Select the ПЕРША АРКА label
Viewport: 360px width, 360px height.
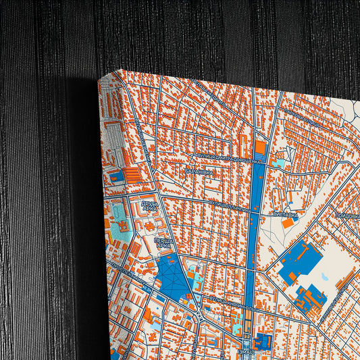pyautogui.click(x=163, y=243)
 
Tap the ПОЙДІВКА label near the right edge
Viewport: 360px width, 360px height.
pyautogui.click(x=346, y=215)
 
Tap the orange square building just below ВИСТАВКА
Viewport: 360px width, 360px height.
pyautogui.click(x=288, y=222)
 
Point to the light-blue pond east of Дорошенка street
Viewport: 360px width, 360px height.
pyautogui.click(x=278, y=163)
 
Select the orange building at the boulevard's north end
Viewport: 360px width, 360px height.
pyautogui.click(x=260, y=147)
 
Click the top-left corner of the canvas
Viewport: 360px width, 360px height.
pyautogui.click(x=99, y=78)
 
